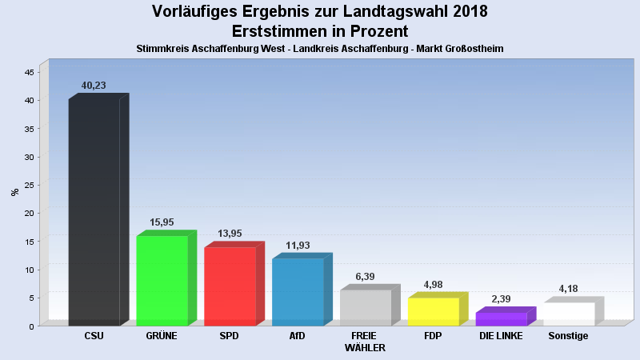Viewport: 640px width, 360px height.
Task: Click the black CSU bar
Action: [94, 212]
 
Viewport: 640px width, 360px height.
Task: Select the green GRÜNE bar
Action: [162, 281]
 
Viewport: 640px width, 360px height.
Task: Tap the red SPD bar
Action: [230, 286]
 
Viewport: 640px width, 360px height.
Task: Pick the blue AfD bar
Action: [298, 292]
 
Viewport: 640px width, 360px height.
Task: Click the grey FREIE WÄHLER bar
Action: [366, 307]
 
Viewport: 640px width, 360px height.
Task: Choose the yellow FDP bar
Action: [433, 311]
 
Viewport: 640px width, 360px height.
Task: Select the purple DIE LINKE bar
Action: [501, 318]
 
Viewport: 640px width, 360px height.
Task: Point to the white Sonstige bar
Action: [569, 314]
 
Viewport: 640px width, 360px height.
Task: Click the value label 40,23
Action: [94, 86]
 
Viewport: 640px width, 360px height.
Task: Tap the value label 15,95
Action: [162, 222]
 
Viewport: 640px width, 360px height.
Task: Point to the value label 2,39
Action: [501, 298]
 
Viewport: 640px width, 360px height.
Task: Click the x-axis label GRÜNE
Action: [162, 336]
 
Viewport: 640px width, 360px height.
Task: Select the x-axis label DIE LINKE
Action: [501, 336]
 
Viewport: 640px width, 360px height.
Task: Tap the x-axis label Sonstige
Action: [569, 336]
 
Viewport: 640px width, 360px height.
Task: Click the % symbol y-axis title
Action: [14, 192]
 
